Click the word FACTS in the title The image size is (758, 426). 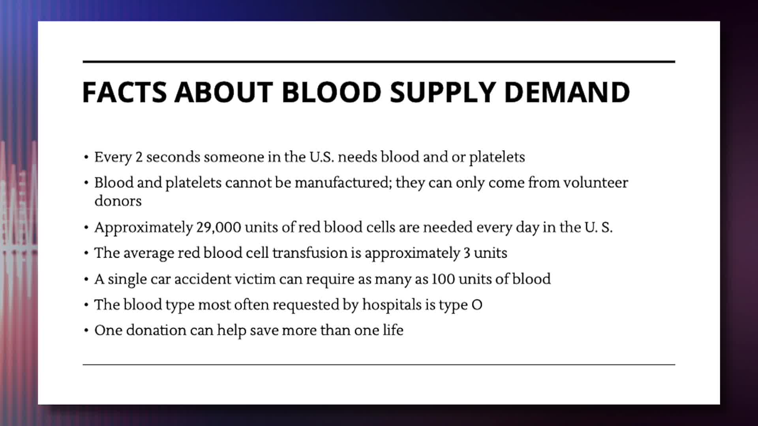(124, 92)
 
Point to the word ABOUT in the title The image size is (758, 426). (223, 92)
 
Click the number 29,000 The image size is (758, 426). (218, 228)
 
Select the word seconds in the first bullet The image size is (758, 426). (173, 157)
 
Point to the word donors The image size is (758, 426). (118, 201)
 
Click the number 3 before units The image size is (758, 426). (467, 253)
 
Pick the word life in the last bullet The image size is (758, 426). (393, 330)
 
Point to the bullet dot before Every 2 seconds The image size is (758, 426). (86, 158)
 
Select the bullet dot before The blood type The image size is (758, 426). (86, 305)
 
